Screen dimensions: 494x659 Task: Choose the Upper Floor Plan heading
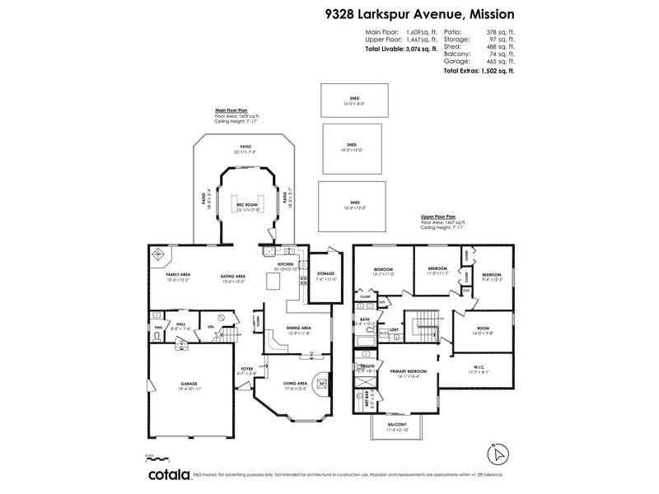[x=437, y=218]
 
